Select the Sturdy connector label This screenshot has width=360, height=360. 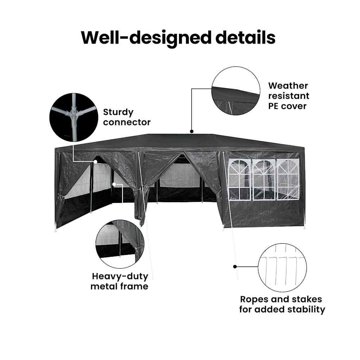[127, 117]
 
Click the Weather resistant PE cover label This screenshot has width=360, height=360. [288, 96]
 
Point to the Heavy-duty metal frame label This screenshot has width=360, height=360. [120, 281]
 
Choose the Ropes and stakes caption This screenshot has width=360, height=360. [282, 304]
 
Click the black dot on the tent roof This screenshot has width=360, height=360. [192, 131]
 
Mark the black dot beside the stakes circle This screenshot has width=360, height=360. [234, 266]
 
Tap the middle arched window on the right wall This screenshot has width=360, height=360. [264, 180]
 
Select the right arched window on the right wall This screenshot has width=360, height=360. [288, 180]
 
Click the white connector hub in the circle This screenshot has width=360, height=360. [73, 113]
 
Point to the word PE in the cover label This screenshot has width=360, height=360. [274, 105]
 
